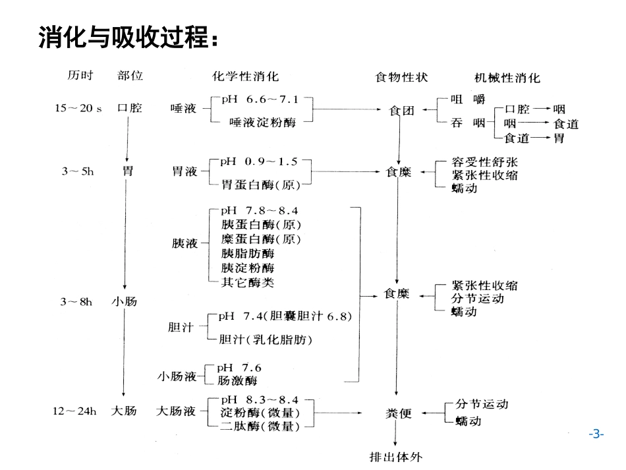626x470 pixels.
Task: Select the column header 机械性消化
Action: [507, 78]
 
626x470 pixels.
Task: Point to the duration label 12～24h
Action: [74, 411]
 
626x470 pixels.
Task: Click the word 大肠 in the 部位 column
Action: [124, 411]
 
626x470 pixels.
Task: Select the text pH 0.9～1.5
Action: [259, 162]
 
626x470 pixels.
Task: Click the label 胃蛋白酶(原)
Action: [261, 185]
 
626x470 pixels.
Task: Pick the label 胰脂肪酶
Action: [248, 253]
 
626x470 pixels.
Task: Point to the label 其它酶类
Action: [248, 282]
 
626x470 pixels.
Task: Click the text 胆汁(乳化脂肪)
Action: [266, 340]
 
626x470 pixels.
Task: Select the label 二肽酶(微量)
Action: [260, 427]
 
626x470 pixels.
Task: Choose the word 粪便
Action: [398, 414]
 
